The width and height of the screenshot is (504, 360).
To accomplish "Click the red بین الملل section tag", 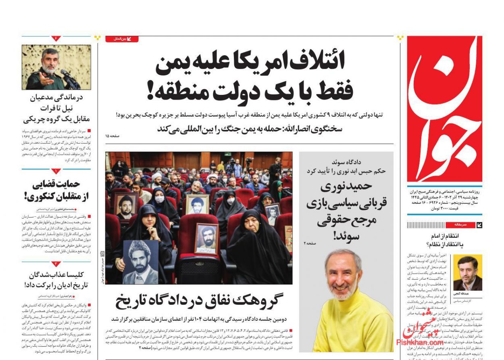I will [x=122, y=39].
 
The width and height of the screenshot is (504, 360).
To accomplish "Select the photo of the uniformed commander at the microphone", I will [x=56, y=67].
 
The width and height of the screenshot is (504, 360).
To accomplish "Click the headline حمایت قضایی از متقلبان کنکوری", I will [x=56, y=191].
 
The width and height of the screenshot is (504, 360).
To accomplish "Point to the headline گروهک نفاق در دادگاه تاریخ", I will [x=199, y=301].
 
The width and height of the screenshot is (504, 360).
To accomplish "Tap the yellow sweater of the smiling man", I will [x=355, y=323].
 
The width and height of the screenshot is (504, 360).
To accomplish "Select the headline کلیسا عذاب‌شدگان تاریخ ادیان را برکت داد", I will [x=56, y=280].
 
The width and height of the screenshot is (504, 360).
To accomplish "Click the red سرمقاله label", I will [x=460, y=224].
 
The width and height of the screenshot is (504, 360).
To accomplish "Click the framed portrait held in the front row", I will [x=206, y=239].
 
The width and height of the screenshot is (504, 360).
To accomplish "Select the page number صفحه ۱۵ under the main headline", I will [x=113, y=136].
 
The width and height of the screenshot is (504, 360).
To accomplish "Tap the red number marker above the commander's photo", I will [x=56, y=38].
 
